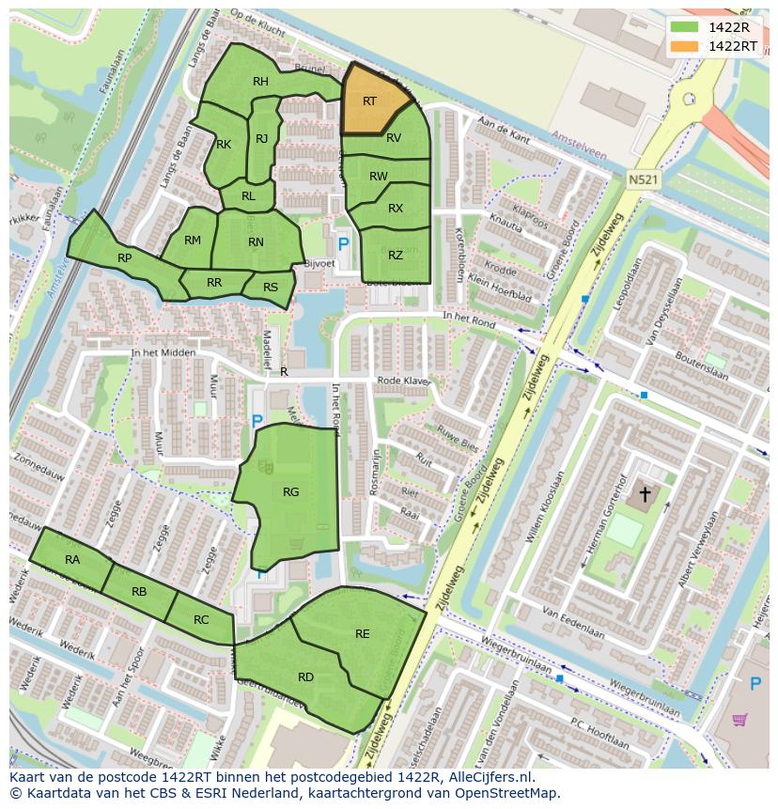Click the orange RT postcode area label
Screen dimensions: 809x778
tap(369, 101)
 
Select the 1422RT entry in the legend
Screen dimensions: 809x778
tap(732, 46)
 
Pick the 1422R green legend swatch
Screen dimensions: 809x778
tap(685, 27)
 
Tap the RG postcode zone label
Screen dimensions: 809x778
tap(290, 491)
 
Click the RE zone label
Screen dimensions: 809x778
tap(363, 634)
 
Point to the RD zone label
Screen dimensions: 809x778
tap(305, 677)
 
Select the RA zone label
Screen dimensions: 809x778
tap(72, 560)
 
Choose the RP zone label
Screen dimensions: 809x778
tap(124, 258)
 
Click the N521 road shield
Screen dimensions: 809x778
tap(642, 178)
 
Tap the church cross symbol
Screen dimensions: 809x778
tap(645, 493)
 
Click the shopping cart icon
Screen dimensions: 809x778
tap(740, 721)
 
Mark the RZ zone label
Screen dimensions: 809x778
tap(396, 256)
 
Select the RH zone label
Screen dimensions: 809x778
tap(260, 82)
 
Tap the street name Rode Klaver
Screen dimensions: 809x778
tap(403, 381)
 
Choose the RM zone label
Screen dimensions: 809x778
tap(193, 241)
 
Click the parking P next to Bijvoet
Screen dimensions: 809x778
tap(343, 244)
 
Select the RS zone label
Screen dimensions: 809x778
tap(271, 288)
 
